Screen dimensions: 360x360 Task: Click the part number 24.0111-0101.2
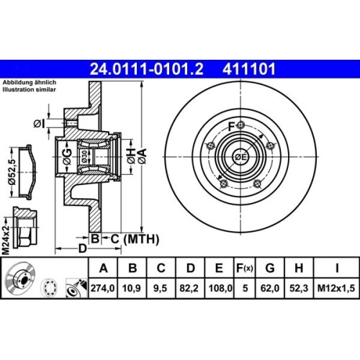141,70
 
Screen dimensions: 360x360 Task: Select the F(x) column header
245,269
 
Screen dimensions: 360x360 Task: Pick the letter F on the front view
230,127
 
